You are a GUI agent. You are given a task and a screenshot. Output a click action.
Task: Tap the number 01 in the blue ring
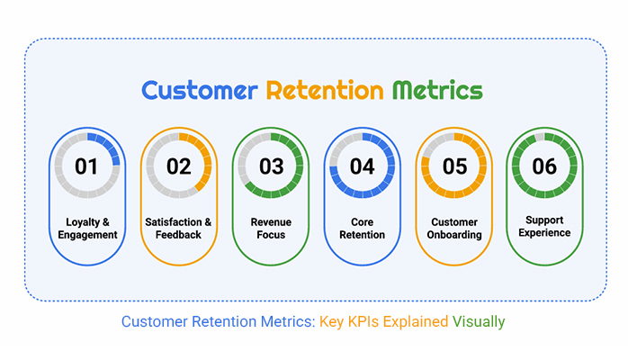pyautogui.click(x=86, y=166)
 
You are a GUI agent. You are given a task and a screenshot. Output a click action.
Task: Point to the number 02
pyautogui.click(x=178, y=166)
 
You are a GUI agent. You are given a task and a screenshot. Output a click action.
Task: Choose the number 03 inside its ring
pyautogui.click(x=270, y=166)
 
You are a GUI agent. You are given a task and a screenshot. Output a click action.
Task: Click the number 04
pyautogui.click(x=362, y=166)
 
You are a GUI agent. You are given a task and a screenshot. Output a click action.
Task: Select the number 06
pyautogui.click(x=544, y=166)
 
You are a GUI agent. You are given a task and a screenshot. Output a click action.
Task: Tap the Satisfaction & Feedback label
pyautogui.click(x=178, y=229)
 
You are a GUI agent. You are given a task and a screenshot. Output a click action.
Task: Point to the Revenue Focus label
pyautogui.click(x=270, y=229)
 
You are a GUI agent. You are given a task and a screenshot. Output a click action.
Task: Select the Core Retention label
pyautogui.click(x=362, y=229)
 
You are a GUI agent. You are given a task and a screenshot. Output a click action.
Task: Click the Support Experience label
pyautogui.click(x=544, y=226)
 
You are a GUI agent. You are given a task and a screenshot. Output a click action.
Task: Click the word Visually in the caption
pyautogui.click(x=480, y=321)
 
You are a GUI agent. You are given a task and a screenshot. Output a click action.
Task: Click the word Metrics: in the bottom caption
pyautogui.click(x=286, y=321)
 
